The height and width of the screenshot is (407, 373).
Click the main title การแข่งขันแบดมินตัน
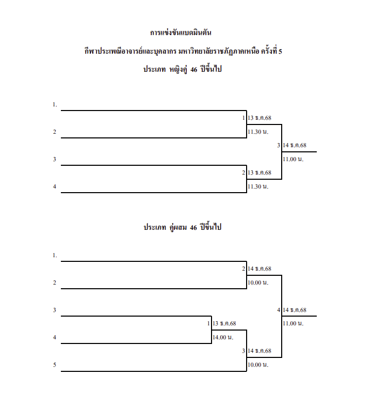(181, 33)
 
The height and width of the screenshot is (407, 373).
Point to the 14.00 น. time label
(223, 337)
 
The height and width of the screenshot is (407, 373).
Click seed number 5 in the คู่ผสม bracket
(54, 365)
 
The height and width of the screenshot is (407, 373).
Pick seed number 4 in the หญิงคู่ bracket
(54, 186)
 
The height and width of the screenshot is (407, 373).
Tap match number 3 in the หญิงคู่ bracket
(279, 146)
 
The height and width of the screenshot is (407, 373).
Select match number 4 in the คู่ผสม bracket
(279, 310)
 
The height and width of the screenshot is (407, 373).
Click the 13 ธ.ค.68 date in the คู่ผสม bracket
(224, 324)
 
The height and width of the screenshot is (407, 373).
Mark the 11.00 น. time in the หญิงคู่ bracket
(293, 159)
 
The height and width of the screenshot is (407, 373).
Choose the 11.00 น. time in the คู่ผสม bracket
(293, 323)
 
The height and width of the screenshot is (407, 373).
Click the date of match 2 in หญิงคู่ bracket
(260, 173)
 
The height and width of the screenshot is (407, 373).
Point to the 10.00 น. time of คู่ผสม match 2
(258, 283)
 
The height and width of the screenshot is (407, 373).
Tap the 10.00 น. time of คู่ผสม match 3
(258, 365)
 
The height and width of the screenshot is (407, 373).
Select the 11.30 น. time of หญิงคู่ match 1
(258, 132)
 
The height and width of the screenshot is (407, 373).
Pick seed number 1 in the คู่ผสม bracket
(54, 255)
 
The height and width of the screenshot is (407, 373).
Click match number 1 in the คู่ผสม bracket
(208, 324)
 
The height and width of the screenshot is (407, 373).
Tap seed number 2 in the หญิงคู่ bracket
(54, 132)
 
